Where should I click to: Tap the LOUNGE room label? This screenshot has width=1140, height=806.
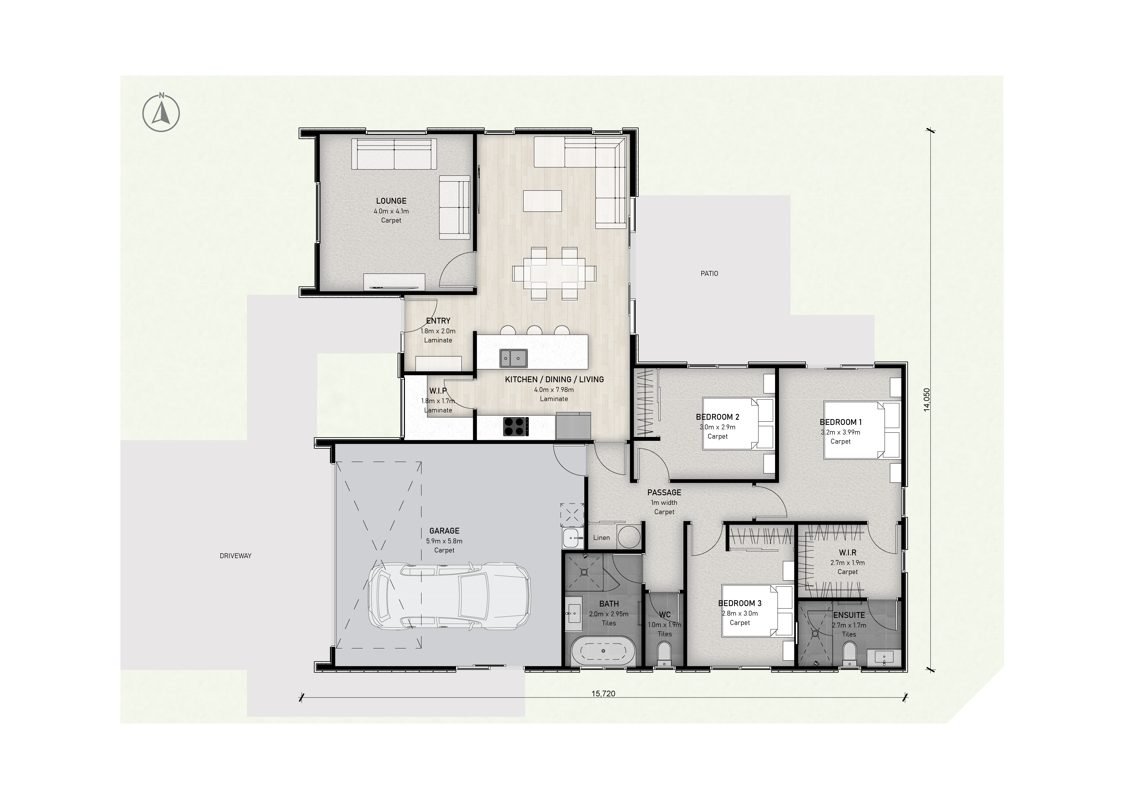click(391, 201)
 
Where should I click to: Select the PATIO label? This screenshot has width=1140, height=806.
click(709, 274)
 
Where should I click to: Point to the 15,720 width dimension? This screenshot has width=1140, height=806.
click(603, 693)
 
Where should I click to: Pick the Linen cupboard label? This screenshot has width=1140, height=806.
click(601, 538)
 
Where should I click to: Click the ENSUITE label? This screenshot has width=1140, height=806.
click(849, 615)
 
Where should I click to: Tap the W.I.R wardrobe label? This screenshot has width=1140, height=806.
click(848, 552)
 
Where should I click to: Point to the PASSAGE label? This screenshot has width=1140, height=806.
click(664, 492)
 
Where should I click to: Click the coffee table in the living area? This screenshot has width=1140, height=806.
click(542, 201)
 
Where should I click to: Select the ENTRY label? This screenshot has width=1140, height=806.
click(438, 321)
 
